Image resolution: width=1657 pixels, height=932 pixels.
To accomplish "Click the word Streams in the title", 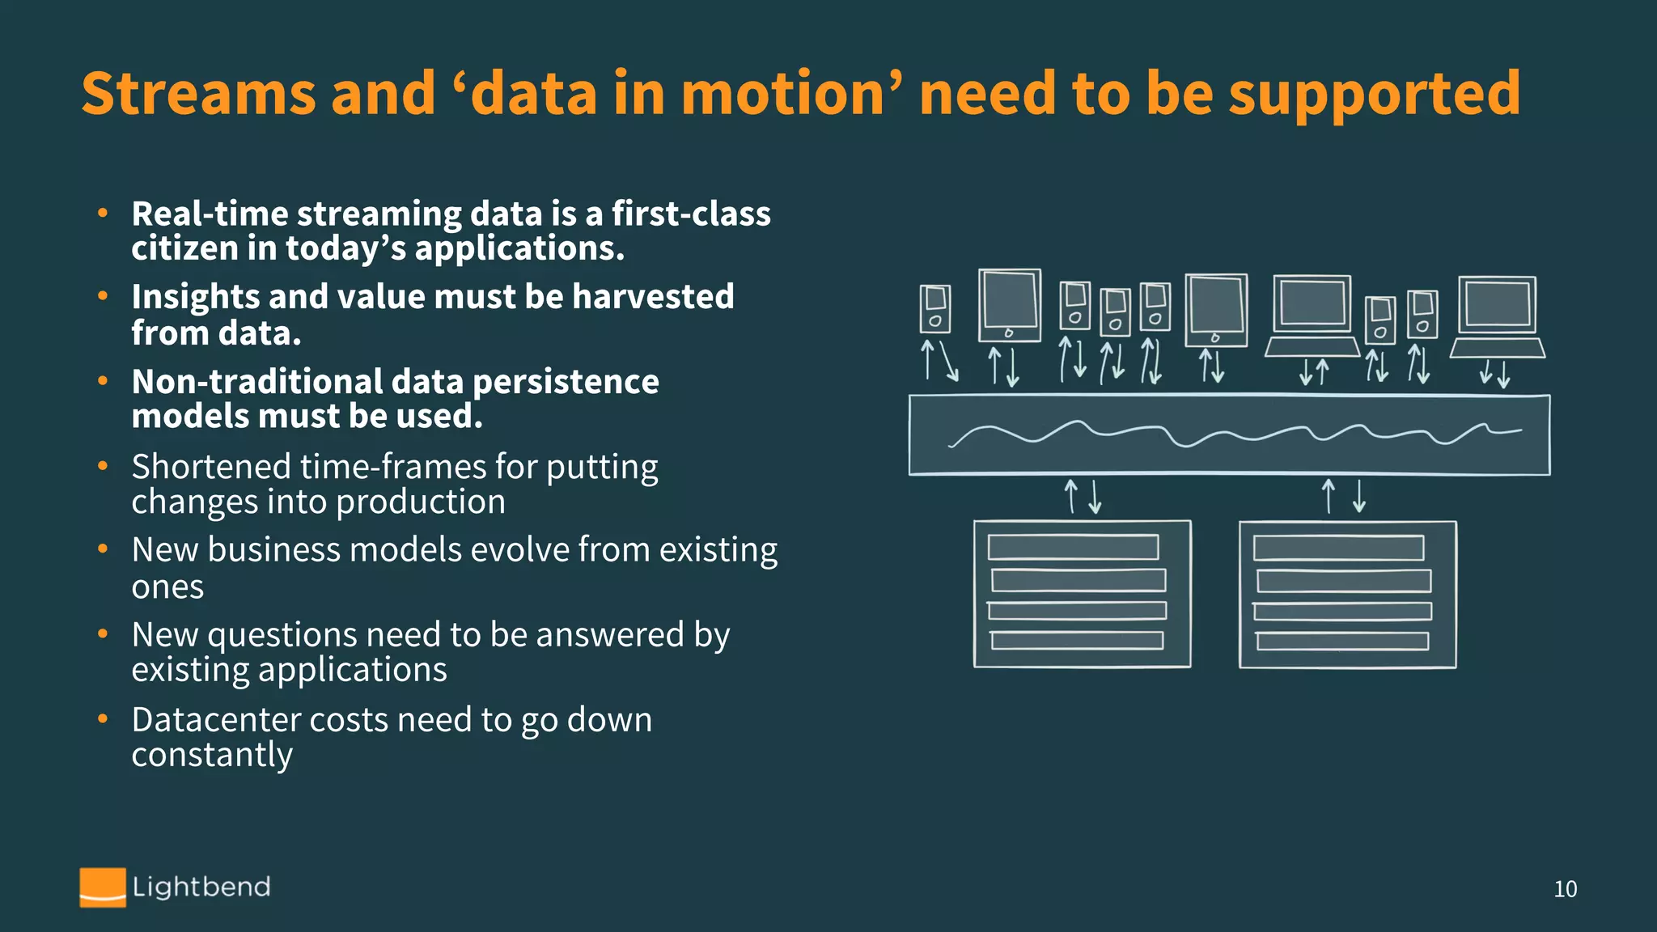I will tap(198, 93).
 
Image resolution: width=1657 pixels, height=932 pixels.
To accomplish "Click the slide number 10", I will tap(1565, 889).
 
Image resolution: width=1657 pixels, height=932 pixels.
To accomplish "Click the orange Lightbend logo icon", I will tap(103, 887).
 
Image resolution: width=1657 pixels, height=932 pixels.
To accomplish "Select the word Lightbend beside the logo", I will tap(201, 887).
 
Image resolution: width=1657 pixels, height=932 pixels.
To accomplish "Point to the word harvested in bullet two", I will tap(653, 296).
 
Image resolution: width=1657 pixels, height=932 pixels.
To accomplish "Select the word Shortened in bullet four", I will tap(210, 468).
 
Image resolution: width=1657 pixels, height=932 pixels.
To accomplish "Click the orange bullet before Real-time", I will tap(103, 214).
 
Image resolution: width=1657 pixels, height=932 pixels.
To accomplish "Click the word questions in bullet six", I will tap(282, 635).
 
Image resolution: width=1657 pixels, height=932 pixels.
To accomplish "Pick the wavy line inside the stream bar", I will tap(1230, 434).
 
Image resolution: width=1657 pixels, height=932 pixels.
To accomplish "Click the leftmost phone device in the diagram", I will tap(934, 308).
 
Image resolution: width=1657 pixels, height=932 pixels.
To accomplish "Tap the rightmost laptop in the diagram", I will tap(1497, 316).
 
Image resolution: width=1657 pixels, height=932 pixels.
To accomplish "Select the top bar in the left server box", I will tap(1073, 548).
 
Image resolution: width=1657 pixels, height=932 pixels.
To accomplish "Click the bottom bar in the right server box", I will tap(1341, 642).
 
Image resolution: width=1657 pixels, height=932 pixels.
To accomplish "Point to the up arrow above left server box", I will tap(1071, 496).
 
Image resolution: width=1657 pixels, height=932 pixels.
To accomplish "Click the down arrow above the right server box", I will tap(1359, 496).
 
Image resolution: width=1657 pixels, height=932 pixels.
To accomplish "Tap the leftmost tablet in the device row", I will tap(1009, 306).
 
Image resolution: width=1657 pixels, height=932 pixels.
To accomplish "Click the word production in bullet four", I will tap(421, 502).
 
